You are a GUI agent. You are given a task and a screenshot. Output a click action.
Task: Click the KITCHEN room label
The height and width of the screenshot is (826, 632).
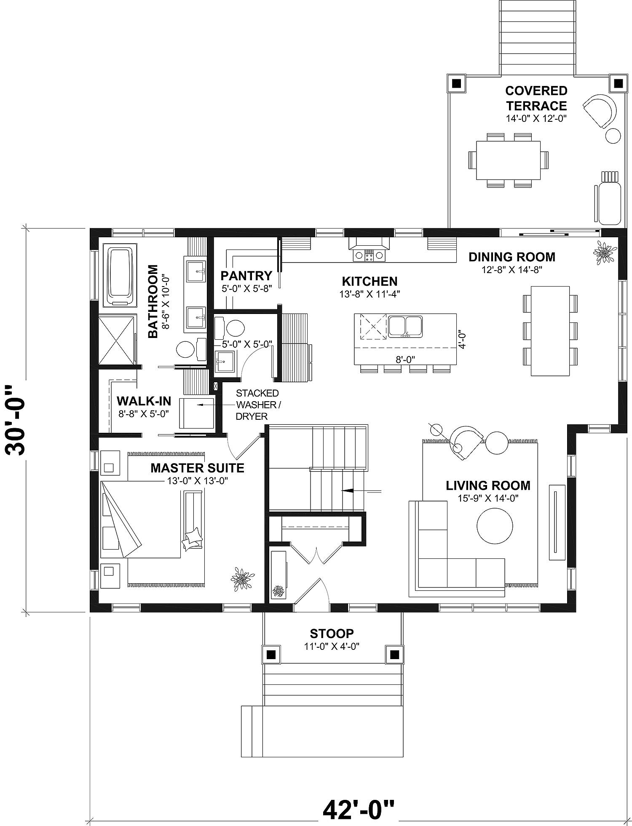click(x=370, y=281)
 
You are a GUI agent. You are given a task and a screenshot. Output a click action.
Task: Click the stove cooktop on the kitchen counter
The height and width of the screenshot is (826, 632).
click(x=369, y=255)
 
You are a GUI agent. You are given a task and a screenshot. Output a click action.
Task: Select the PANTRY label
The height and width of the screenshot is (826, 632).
click(x=246, y=276)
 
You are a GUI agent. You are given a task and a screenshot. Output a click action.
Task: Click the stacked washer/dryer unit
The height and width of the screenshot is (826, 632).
click(x=197, y=412)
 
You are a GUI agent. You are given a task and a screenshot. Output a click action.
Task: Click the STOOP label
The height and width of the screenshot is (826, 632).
click(x=332, y=633)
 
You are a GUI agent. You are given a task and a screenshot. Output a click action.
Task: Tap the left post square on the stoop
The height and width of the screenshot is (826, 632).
click(x=271, y=654)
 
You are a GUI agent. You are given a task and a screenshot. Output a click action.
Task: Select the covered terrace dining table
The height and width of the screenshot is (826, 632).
click(x=508, y=160)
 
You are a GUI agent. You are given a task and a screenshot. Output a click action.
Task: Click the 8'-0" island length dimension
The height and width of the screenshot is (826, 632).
click(x=405, y=359)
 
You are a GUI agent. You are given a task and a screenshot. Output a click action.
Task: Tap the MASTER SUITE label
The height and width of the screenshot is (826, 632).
click(x=197, y=468)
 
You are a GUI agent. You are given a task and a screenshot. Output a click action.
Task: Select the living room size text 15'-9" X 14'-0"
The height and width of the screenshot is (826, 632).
click(x=488, y=498)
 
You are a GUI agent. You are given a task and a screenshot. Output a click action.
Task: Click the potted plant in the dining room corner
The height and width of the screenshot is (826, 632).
click(x=604, y=253)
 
